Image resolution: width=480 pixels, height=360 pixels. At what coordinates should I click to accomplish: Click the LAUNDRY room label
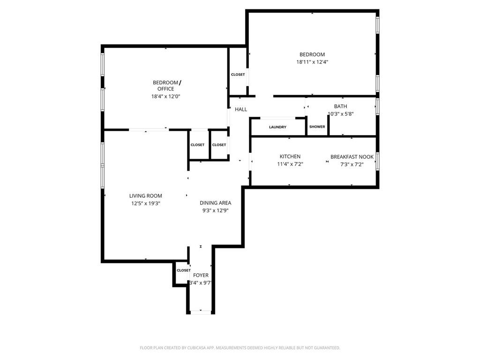pos(277,127)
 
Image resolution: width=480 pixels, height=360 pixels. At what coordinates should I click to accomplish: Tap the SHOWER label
pos(317,127)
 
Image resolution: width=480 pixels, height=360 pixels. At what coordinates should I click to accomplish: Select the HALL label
pos(241,110)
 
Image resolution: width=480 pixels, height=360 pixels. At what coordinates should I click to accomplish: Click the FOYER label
pos(201,275)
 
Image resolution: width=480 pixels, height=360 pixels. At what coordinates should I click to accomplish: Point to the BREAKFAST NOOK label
pos(352,157)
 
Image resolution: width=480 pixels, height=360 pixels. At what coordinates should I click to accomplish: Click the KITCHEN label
pos(290,157)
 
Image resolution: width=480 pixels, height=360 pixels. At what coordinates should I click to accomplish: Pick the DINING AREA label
pos(216,203)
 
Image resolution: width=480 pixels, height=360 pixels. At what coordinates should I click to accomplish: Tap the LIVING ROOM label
pos(146,196)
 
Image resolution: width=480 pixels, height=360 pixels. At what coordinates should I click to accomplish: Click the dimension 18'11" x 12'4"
pos(312,62)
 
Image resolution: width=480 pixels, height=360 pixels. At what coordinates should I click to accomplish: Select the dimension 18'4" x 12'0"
pos(165,97)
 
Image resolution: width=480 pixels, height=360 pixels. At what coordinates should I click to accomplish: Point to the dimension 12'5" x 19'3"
pos(146,203)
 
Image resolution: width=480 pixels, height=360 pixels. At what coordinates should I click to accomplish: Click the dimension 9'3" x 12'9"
pos(216,210)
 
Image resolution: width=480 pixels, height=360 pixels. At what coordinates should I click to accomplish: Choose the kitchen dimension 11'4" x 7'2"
pos(290,164)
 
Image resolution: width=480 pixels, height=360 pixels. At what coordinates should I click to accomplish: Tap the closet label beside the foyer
pos(184,270)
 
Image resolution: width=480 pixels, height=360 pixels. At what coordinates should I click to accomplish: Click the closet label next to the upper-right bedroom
pos(238,75)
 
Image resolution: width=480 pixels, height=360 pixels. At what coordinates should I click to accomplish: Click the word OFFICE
pos(165,89)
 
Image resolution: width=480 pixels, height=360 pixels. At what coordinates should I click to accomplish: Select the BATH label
pos(340,106)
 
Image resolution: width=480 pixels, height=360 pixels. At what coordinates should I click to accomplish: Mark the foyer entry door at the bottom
pos(201,312)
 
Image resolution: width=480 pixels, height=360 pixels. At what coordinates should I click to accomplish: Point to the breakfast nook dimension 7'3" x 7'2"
pos(352,164)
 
